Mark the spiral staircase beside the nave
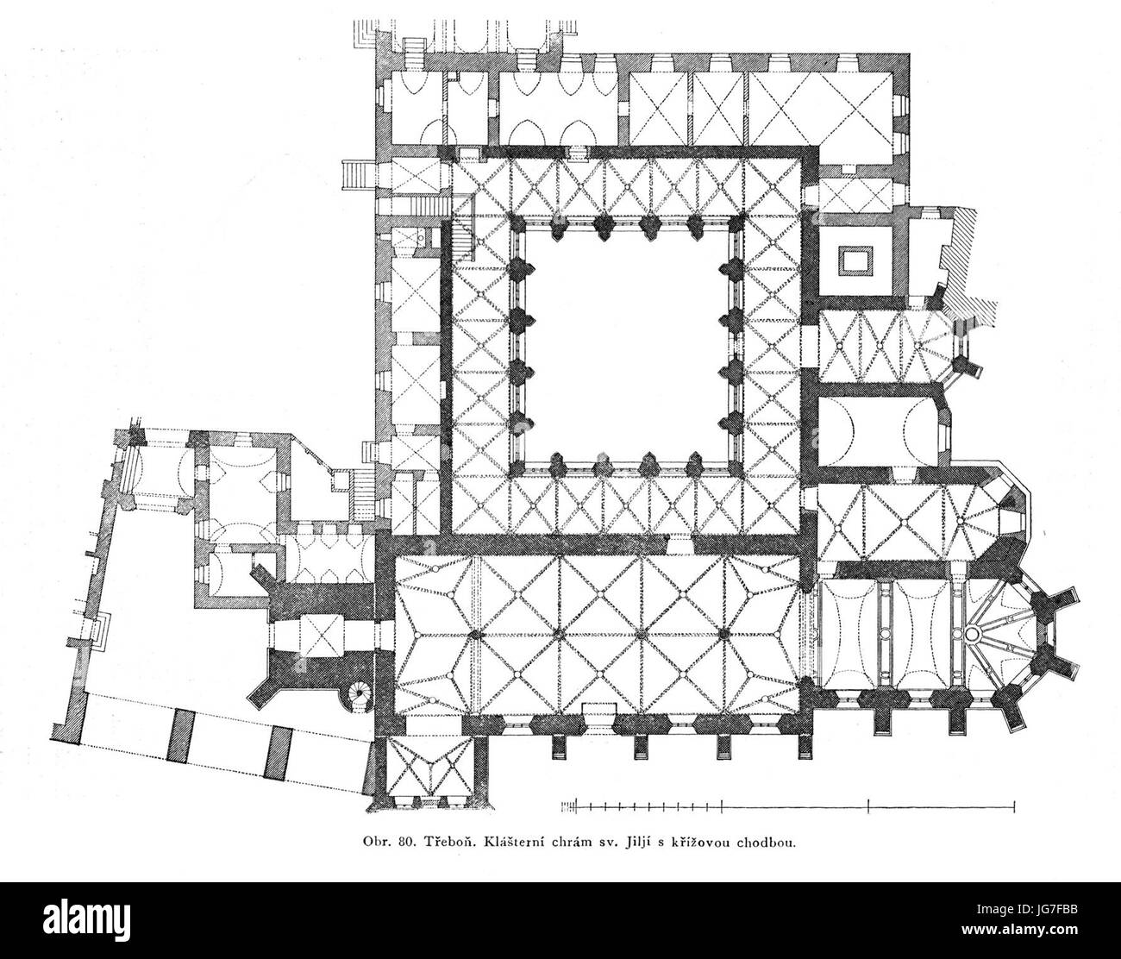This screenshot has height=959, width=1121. click(358, 697)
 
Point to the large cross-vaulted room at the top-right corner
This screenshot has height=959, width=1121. click(820, 108)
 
